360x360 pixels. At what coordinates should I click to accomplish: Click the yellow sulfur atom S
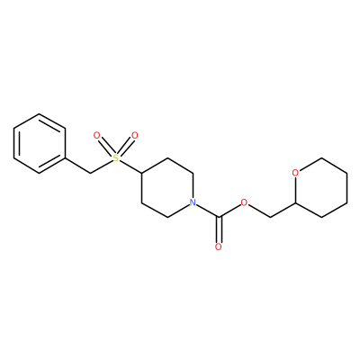[116, 157]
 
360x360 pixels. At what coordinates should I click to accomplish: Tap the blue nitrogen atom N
[193, 202]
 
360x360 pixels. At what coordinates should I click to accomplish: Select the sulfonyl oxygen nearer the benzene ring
[96, 136]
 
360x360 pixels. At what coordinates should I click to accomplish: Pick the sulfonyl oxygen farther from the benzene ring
[135, 136]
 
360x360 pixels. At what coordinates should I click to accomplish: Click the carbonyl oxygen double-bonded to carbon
[219, 247]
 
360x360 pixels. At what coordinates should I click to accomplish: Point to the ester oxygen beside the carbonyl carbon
[244, 202]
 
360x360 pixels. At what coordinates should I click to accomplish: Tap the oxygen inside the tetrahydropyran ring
[295, 173]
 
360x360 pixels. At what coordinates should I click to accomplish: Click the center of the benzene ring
[40, 143]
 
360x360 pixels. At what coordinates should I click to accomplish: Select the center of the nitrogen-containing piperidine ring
[167, 188]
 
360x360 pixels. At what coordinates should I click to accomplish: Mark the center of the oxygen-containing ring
[321, 188]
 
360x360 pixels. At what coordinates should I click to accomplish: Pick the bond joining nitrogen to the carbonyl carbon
[208, 211]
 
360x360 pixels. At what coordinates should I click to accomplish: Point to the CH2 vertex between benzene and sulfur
[90, 173]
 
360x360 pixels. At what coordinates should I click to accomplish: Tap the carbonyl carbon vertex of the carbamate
[219, 217]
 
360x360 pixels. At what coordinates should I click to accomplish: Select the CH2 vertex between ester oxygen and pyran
[270, 217]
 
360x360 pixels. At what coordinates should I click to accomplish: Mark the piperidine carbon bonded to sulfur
[141, 173]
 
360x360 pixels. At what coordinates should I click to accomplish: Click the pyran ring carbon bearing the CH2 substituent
[295, 202]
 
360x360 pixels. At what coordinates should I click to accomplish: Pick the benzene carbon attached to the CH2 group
[65, 158]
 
